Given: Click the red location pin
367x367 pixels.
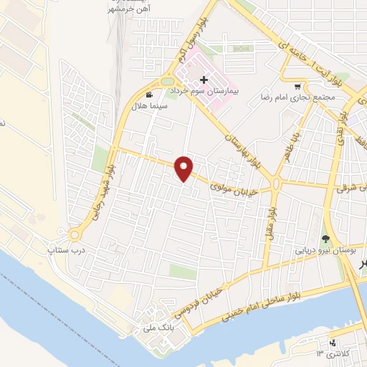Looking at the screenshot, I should pyautogui.click(x=185, y=168).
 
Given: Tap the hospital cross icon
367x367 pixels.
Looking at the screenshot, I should pyautogui.click(x=204, y=79).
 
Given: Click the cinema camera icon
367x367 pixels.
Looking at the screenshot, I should pyautogui.click(x=148, y=95).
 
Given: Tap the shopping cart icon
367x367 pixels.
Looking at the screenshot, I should pyautogui.click(x=298, y=85).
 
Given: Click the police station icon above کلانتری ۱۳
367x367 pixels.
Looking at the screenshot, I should pyautogui.click(x=331, y=343).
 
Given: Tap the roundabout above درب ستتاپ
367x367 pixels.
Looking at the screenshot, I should pyautogui.click(x=75, y=234).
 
